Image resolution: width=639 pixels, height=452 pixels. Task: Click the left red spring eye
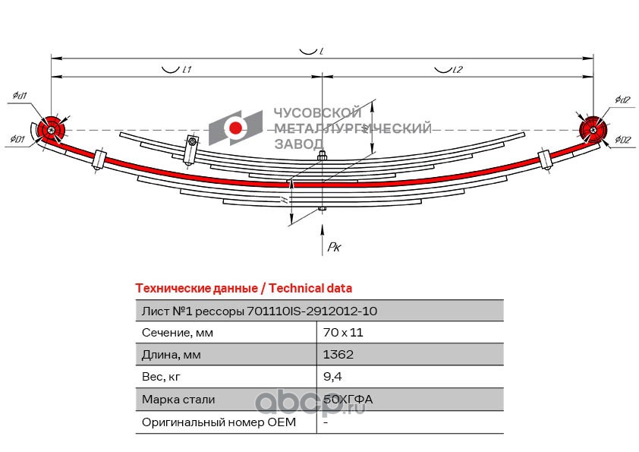(51, 130)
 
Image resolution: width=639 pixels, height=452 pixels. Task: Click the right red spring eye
(592, 130)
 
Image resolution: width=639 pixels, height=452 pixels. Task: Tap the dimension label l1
(185, 69)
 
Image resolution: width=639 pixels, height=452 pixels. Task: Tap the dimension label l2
(458, 69)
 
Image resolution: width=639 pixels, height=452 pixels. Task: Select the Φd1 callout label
(20, 96)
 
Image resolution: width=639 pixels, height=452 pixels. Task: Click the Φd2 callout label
(623, 100)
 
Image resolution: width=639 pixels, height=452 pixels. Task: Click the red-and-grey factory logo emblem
(236, 128)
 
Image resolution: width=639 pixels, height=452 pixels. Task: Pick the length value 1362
(338, 354)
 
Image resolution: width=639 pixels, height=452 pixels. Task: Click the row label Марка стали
(178, 399)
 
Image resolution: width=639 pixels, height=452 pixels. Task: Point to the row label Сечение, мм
(178, 333)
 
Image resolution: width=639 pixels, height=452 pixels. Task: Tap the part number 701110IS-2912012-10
(312, 311)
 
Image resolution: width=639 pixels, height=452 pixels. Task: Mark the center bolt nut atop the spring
(323, 157)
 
